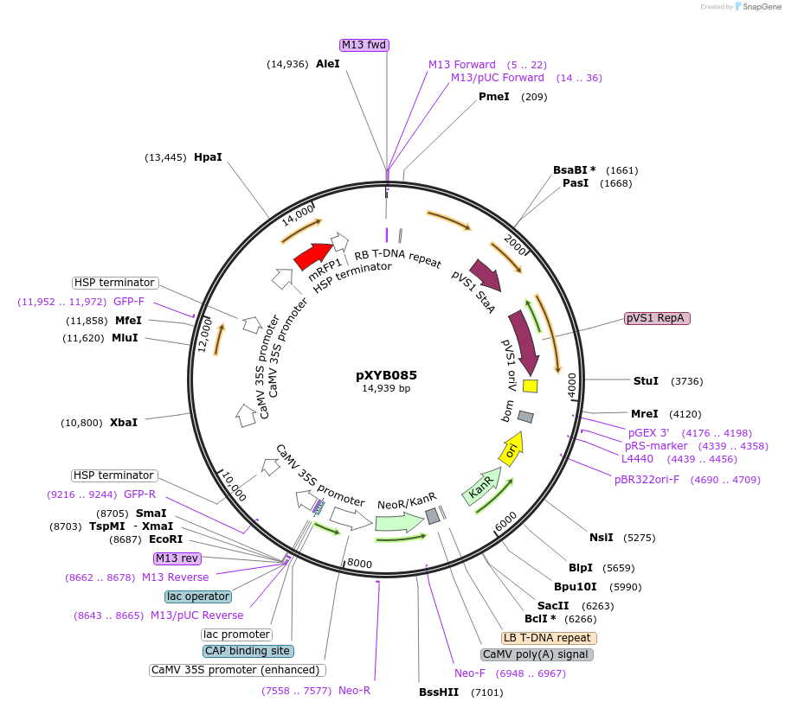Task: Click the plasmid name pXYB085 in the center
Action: click(386, 375)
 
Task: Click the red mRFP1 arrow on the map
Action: click(313, 255)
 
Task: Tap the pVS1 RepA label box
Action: click(657, 318)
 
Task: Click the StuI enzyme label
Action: click(646, 380)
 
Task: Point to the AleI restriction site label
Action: click(328, 64)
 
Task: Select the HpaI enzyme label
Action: click(208, 157)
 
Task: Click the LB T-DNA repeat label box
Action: click(549, 638)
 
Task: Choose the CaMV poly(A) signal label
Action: click(537, 654)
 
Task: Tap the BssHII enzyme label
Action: click(439, 692)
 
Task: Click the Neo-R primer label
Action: click(354, 691)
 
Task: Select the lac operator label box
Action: click(198, 596)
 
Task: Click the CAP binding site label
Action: click(248, 651)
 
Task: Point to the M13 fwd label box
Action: click(364, 45)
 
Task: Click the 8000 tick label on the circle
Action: click(359, 564)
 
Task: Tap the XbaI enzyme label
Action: click(124, 423)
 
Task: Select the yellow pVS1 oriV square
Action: click(531, 386)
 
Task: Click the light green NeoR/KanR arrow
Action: click(399, 521)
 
